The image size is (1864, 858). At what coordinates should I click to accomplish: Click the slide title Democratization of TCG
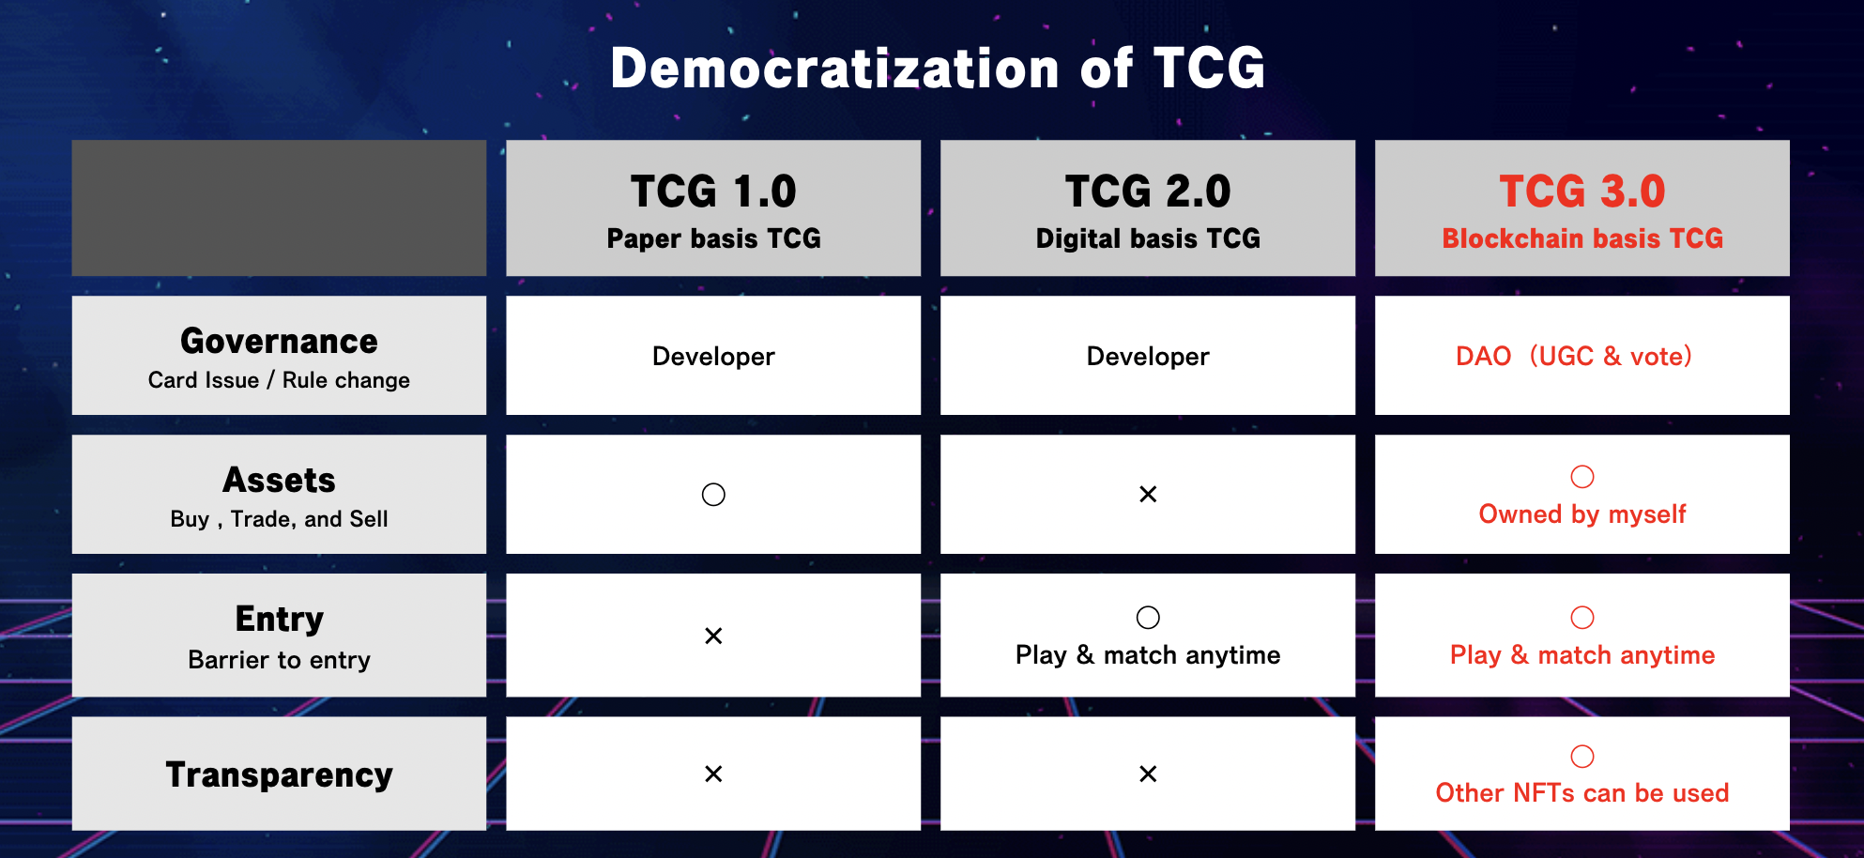(x=938, y=69)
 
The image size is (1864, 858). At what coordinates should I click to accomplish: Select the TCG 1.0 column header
(x=713, y=192)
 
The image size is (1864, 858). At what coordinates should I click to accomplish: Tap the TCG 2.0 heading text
(x=1148, y=192)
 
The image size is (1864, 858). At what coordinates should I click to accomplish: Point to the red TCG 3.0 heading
(x=1582, y=192)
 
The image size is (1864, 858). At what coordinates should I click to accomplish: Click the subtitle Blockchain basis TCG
(x=1582, y=238)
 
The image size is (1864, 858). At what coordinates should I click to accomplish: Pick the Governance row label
(x=279, y=341)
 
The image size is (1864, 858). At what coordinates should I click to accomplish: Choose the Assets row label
(x=279, y=480)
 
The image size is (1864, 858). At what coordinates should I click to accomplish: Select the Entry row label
(x=279, y=620)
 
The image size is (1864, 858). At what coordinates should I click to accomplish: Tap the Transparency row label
(x=279, y=774)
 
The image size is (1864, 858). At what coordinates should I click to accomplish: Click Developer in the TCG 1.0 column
(x=713, y=357)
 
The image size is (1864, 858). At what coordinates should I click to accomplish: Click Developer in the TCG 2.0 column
(x=1148, y=357)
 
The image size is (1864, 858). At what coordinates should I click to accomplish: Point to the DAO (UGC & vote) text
(x=1574, y=357)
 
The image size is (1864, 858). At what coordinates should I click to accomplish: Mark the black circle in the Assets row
(x=713, y=483)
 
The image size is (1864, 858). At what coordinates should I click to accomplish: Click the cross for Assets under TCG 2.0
(x=1148, y=494)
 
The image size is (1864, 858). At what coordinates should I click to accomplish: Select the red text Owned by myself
(x=1582, y=514)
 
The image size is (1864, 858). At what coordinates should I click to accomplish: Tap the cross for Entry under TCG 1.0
(x=713, y=636)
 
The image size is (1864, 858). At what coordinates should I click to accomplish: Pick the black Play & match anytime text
(x=1148, y=655)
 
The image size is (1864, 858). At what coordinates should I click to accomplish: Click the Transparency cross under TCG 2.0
(x=1148, y=774)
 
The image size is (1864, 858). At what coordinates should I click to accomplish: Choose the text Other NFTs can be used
(x=1582, y=793)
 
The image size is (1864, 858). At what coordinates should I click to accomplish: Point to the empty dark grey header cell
(x=279, y=208)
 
